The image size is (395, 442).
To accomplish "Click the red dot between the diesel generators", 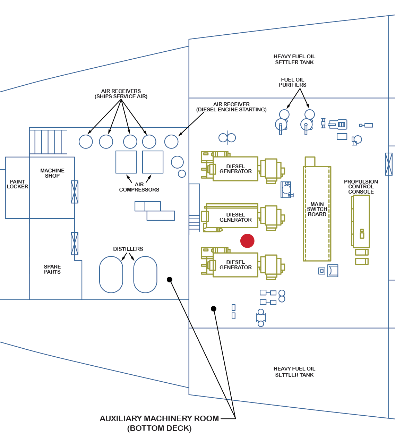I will (247, 241).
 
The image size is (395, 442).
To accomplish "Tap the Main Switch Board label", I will (317, 209).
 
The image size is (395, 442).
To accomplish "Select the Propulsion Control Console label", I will (361, 187).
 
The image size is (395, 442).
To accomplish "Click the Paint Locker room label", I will (17, 184).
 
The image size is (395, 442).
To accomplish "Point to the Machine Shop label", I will (52, 173).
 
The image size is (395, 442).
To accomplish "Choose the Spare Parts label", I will (52, 269).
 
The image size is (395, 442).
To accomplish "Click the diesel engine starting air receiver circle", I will (171, 142).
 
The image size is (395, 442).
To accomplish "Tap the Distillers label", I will (128, 249).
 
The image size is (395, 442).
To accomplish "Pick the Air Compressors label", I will (139, 187).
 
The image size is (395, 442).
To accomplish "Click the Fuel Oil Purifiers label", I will (293, 82).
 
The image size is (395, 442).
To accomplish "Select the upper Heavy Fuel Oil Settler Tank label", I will (294, 59).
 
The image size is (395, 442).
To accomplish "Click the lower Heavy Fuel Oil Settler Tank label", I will (294, 372).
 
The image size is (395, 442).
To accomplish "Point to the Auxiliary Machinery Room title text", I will (159, 423).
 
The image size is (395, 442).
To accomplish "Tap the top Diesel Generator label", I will (235, 169).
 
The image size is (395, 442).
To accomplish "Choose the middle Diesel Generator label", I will (235, 217).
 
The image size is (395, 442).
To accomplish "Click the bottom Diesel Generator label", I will (235, 265).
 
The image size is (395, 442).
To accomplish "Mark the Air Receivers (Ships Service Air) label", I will (121, 94).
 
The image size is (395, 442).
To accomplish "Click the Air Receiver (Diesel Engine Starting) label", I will (231, 107).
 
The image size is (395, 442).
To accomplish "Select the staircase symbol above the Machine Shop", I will (48, 142).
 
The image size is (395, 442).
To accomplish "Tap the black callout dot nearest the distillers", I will (170, 280).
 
